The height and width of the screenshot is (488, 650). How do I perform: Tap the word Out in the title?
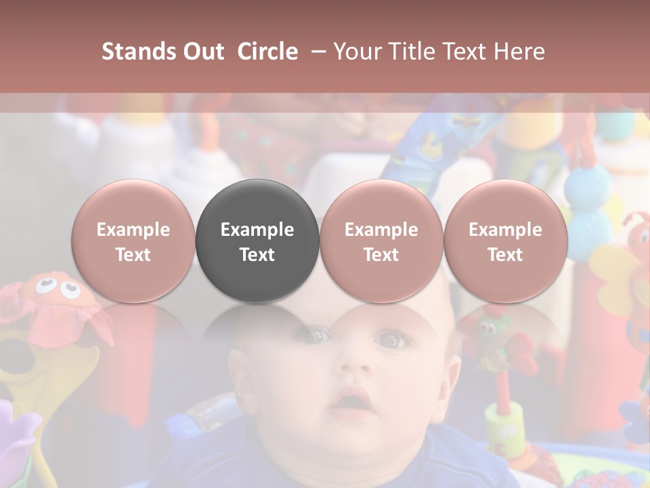coord(202,52)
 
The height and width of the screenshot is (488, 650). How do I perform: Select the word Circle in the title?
coord(267,52)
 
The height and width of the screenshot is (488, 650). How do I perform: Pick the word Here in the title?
coord(519,52)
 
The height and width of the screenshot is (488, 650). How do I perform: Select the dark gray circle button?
coord(257,241)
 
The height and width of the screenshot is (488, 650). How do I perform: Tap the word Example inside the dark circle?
coord(257,230)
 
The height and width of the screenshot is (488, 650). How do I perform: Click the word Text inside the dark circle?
coord(257,255)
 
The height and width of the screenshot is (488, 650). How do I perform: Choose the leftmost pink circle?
coord(133,241)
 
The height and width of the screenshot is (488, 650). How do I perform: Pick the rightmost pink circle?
coord(506,241)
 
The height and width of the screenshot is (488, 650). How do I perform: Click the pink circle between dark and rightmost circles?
coord(381,241)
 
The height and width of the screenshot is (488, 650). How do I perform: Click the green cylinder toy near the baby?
coord(504,424)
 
